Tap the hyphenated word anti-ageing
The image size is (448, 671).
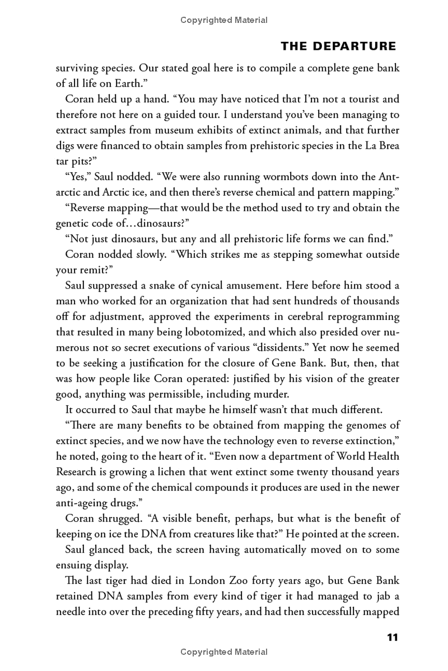point(85,502)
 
